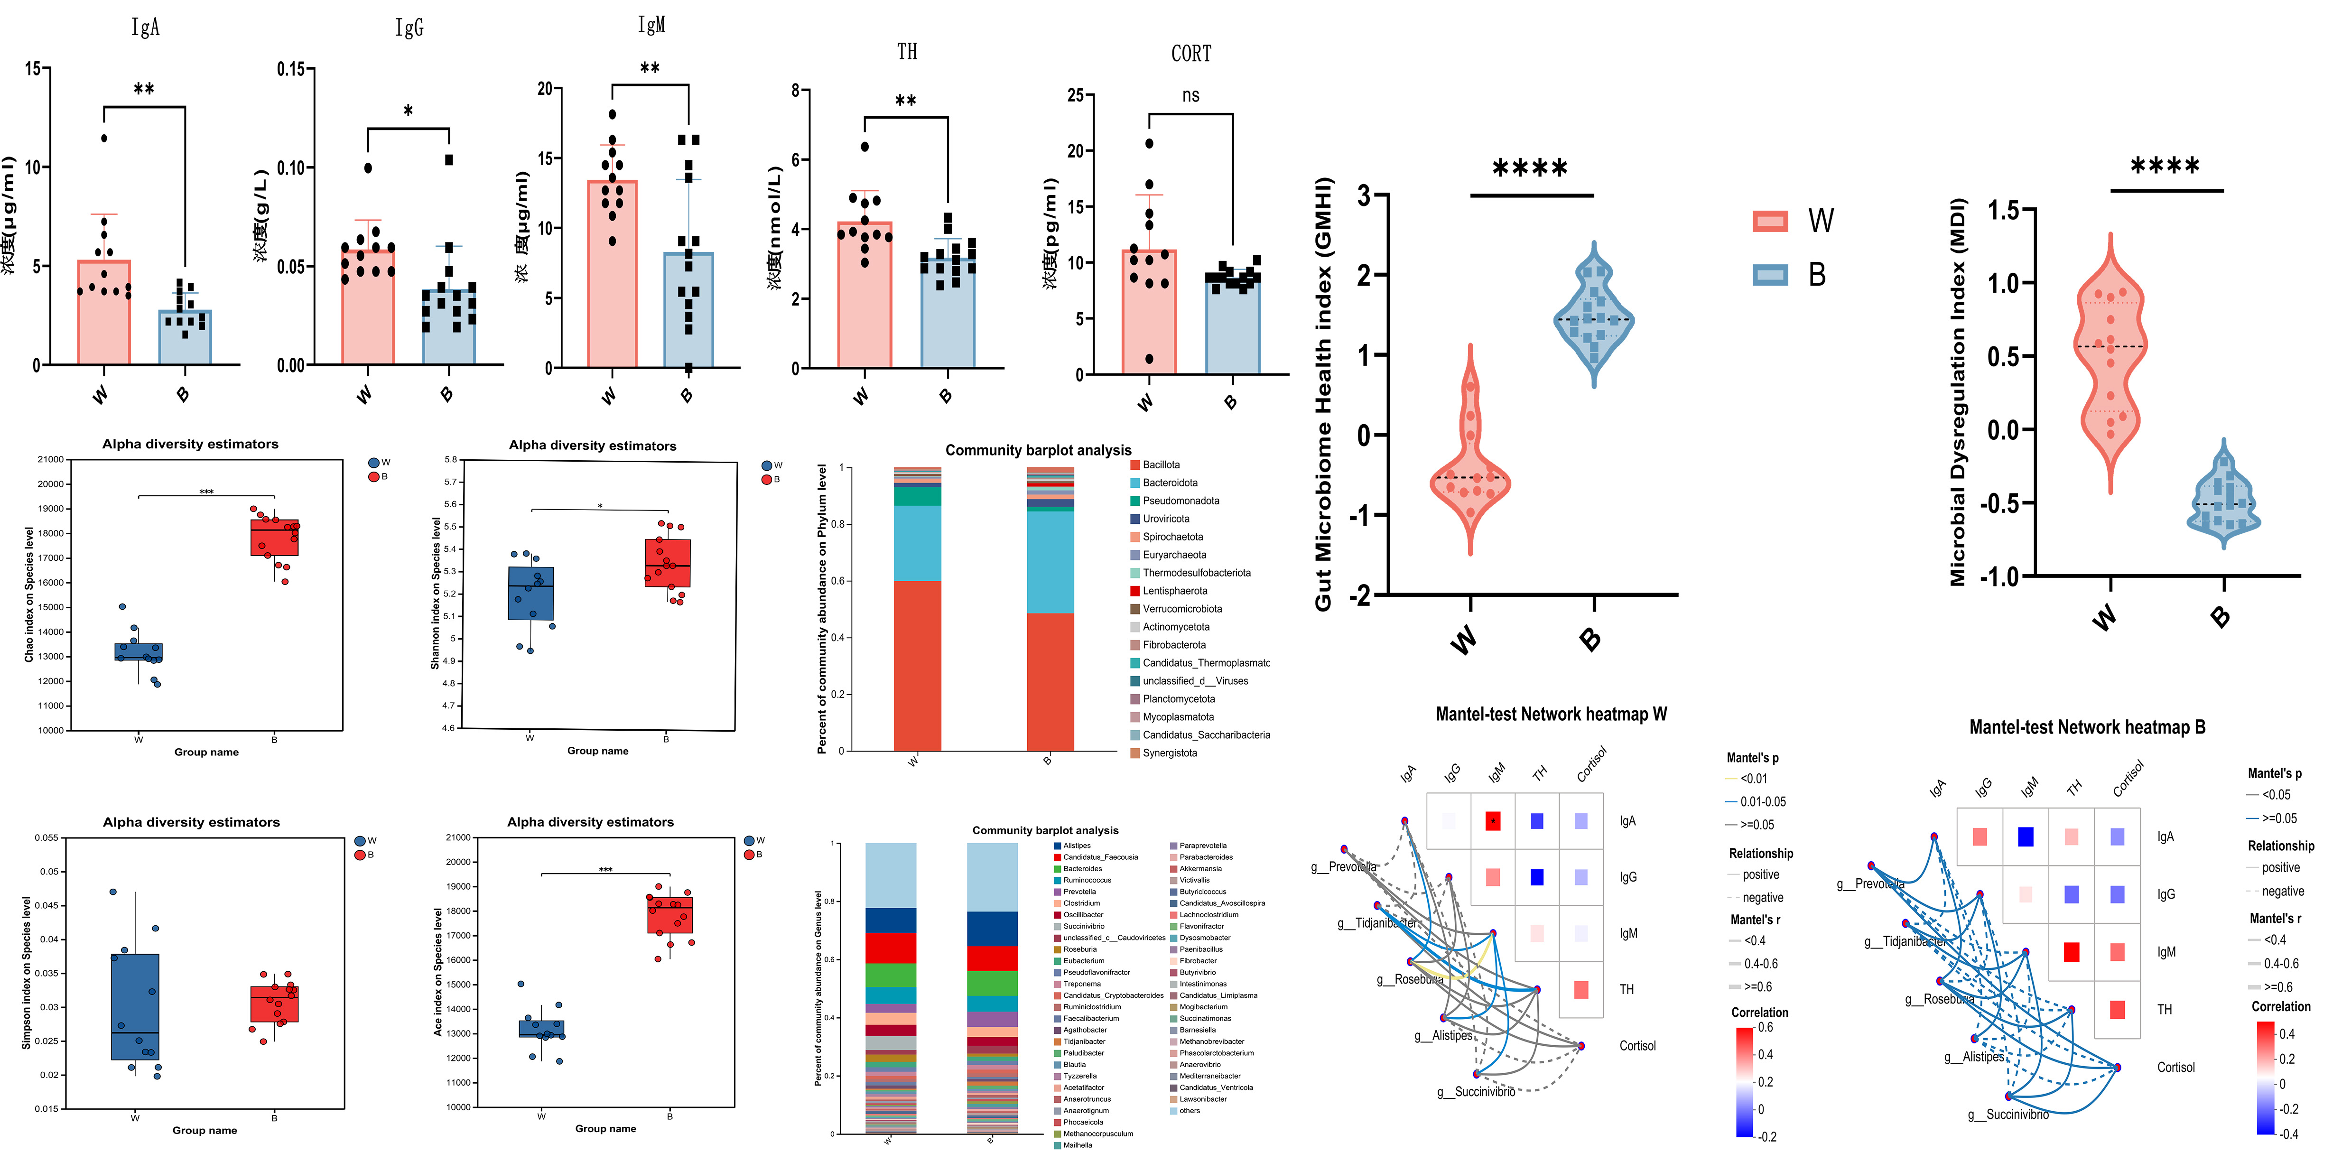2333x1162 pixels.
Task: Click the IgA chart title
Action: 145,27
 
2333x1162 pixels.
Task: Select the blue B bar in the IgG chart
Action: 449,326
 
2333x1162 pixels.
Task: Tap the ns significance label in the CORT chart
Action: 1190,95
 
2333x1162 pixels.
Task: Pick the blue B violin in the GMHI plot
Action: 1593,317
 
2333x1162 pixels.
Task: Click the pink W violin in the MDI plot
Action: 2110,363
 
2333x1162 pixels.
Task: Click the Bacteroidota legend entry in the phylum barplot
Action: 1169,483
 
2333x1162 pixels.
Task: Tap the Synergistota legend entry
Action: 1169,753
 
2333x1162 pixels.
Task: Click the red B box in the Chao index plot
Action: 274,537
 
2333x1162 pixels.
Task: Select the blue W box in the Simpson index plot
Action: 135,1005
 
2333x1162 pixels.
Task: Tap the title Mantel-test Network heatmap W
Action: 1551,714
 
